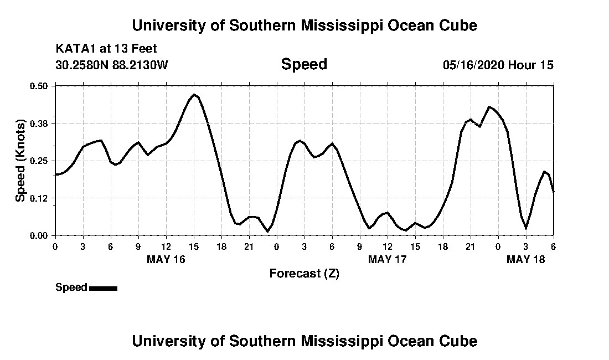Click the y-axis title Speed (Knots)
(20, 161)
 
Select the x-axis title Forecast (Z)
(304, 273)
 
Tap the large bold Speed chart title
(304, 64)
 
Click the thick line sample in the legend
(103, 288)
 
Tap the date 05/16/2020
(473, 65)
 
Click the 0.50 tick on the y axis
(39, 86)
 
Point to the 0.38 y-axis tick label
(39, 123)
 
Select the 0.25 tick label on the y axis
(39, 161)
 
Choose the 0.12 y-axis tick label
(39, 198)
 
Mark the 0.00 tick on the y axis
(39, 235)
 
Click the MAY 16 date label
(166, 259)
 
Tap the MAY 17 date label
(388, 259)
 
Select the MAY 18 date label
(526, 259)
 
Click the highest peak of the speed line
(194, 95)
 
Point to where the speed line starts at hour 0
(56, 174)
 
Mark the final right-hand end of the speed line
(553, 192)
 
